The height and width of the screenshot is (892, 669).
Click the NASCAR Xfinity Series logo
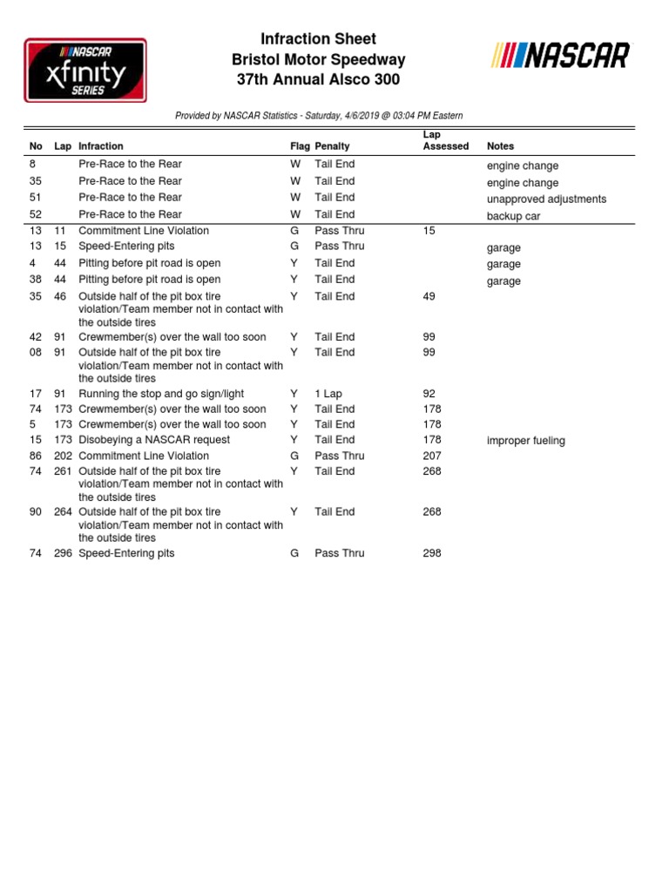pos(85,69)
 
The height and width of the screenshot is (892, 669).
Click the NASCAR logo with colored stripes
pos(560,57)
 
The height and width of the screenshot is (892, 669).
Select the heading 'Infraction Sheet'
pos(318,39)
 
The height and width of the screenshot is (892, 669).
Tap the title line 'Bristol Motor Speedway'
pos(318,60)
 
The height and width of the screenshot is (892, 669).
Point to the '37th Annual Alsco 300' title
pos(318,80)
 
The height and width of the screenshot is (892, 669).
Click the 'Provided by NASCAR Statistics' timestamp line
pos(319,116)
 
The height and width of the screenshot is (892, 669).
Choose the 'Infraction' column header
pos(101,146)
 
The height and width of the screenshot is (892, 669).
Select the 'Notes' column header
pos(500,146)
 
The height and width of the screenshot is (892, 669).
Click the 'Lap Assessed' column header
pos(445,141)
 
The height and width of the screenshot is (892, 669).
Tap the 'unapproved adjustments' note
pos(546,199)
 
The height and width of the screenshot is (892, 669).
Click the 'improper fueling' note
pos(526,441)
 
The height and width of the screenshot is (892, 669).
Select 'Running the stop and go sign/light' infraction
pos(161,394)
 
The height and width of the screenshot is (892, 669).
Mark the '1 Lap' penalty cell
pos(328,394)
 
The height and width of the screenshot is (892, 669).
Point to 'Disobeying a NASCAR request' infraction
pos(154,440)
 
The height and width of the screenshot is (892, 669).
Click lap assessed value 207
pos(432,456)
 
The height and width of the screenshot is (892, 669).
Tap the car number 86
pos(36,456)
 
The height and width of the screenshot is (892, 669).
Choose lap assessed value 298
pos(432,553)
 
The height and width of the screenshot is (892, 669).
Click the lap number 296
pos(63,553)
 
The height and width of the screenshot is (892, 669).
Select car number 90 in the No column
pos(36,512)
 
